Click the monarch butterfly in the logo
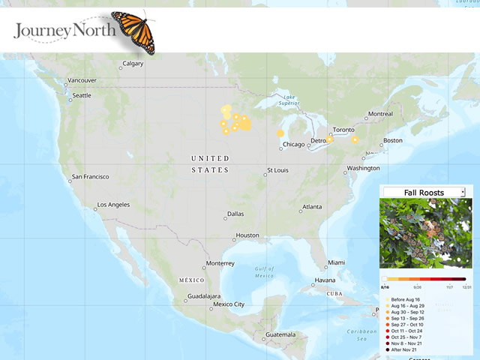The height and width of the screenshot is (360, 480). point(133,31)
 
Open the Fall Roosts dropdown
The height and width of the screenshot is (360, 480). point(424,192)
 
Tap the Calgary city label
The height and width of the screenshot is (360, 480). point(133,64)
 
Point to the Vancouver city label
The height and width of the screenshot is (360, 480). point(82,80)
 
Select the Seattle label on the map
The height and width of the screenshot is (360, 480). point(81,95)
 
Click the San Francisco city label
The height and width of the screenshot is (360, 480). point(89,177)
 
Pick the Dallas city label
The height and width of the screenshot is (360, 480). point(235,214)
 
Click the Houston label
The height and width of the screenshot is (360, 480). point(247,235)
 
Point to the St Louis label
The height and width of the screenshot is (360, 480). point(277,170)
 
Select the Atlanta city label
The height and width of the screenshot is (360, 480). point(311,207)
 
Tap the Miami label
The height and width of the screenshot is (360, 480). point(335,262)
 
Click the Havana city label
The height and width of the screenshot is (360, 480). point(325,280)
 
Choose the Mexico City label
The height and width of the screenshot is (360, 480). point(229,304)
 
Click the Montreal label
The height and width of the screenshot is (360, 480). point(379,115)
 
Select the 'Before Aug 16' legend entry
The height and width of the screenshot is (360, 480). point(408,300)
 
